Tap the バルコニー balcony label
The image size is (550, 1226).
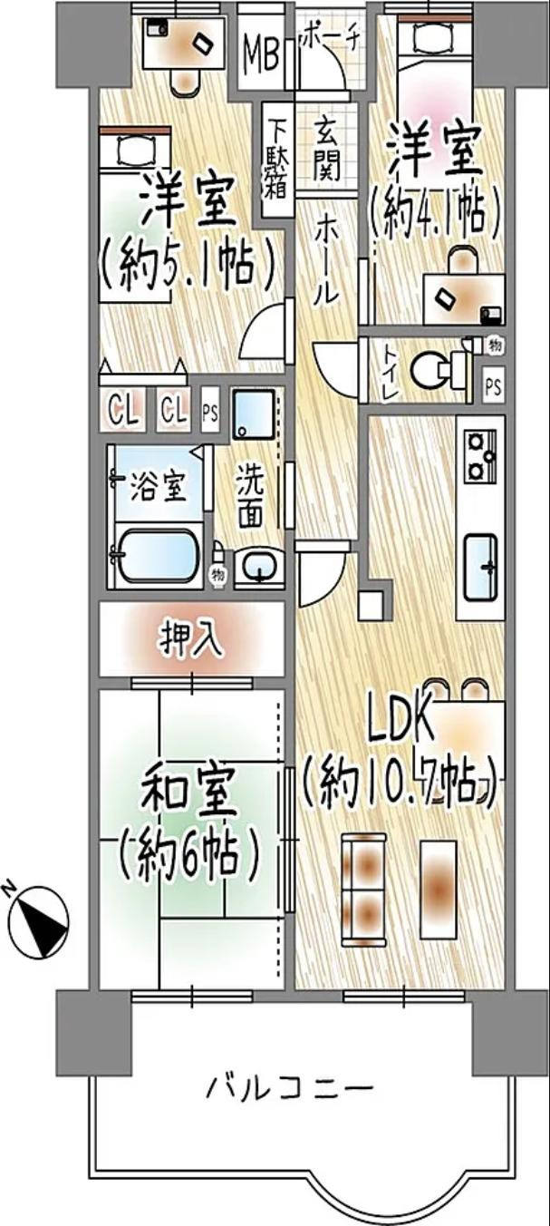coord(288,1085)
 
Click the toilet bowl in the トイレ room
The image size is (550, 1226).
coord(431,370)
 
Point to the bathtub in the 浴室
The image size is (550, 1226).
coord(159,554)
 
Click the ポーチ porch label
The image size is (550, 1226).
coord(330,37)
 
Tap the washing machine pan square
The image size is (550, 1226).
coord(256,414)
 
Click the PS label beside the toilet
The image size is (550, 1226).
coord(494,386)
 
